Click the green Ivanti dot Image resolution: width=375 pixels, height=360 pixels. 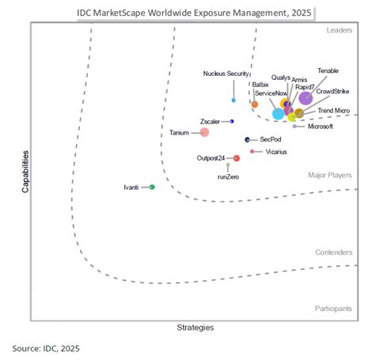(x=152, y=187)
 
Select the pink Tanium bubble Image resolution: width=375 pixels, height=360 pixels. (x=205, y=133)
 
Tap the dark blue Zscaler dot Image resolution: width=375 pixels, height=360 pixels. (x=232, y=121)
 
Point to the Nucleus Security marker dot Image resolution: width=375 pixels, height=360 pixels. (x=233, y=100)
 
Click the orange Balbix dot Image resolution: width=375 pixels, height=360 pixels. (x=254, y=104)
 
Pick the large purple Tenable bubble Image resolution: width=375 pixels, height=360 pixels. (x=305, y=98)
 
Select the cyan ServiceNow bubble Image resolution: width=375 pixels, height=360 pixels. (x=278, y=114)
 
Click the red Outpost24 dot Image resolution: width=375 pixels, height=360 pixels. (x=237, y=158)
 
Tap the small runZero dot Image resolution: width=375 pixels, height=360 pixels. (x=228, y=165)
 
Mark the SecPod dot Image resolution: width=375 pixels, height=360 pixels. (x=247, y=139)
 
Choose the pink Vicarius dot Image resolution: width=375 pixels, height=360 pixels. (x=252, y=151)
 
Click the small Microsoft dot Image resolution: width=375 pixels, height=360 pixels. (x=294, y=126)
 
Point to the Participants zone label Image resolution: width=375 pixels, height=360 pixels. (x=333, y=308)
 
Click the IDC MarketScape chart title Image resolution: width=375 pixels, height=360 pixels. (x=194, y=13)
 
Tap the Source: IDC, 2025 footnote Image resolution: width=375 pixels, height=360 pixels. (x=46, y=348)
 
